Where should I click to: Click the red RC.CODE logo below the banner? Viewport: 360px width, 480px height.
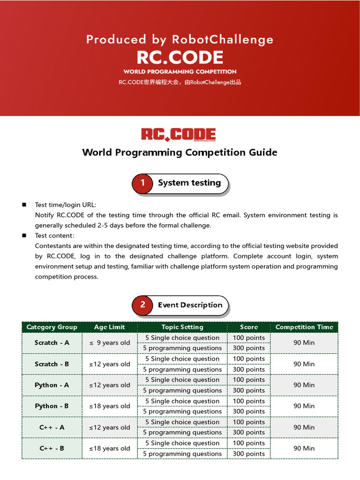point(179,135)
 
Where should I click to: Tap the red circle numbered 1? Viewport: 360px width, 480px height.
point(142,183)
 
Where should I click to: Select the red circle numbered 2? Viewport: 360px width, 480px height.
point(142,305)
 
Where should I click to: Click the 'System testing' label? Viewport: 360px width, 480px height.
point(189,183)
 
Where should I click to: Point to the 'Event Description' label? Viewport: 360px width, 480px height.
point(190,305)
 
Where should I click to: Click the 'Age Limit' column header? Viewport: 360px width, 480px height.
point(110,327)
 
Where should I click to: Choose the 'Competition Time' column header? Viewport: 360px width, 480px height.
point(304,327)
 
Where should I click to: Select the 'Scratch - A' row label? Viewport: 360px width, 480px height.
point(52,343)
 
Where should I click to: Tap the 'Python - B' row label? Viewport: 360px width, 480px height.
point(52,406)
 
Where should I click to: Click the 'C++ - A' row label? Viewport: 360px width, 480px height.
point(52,427)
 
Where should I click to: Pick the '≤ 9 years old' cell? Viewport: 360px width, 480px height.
point(110,343)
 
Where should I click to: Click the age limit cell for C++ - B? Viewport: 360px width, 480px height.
point(110,448)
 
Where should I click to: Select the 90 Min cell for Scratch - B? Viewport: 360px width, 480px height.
point(304,364)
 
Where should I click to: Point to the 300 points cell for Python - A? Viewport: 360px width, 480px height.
point(249,390)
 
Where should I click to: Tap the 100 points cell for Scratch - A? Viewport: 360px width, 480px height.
point(249,337)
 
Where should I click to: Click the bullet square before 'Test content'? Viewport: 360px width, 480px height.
point(24,236)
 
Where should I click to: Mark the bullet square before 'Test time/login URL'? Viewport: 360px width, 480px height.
point(24,205)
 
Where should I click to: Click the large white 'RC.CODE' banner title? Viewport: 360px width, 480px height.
point(180,57)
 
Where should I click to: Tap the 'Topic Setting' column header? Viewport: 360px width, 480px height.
point(182,327)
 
